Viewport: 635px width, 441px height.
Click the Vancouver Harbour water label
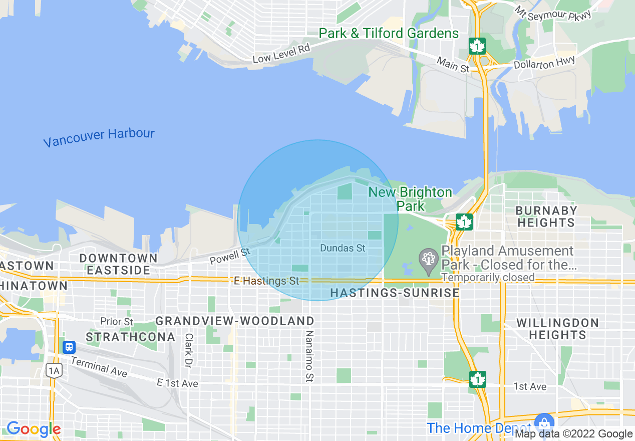coord(99,138)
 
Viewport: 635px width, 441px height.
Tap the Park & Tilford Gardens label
coord(389,34)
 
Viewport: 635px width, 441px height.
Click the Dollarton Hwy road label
coord(544,64)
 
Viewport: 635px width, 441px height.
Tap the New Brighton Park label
coord(410,199)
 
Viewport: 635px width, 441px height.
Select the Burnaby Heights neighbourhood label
coord(546,216)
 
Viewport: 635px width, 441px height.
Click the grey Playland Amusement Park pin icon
coord(428,260)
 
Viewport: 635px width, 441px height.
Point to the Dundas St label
coord(343,248)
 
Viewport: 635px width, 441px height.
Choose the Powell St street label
coord(230,256)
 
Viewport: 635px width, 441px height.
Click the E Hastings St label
coord(266,281)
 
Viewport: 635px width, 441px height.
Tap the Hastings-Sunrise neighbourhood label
coord(395,293)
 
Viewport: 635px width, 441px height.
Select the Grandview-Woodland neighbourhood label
coord(235,321)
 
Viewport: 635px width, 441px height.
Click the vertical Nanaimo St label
coord(309,356)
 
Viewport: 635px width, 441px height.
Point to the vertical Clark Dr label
coord(189,350)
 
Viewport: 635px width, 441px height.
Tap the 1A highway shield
coord(54,370)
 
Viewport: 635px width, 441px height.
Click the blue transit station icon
coord(69,347)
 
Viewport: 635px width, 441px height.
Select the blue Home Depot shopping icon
coord(543,421)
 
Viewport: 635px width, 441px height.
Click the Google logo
coord(34,429)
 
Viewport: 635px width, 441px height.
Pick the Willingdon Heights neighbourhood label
coord(557,329)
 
